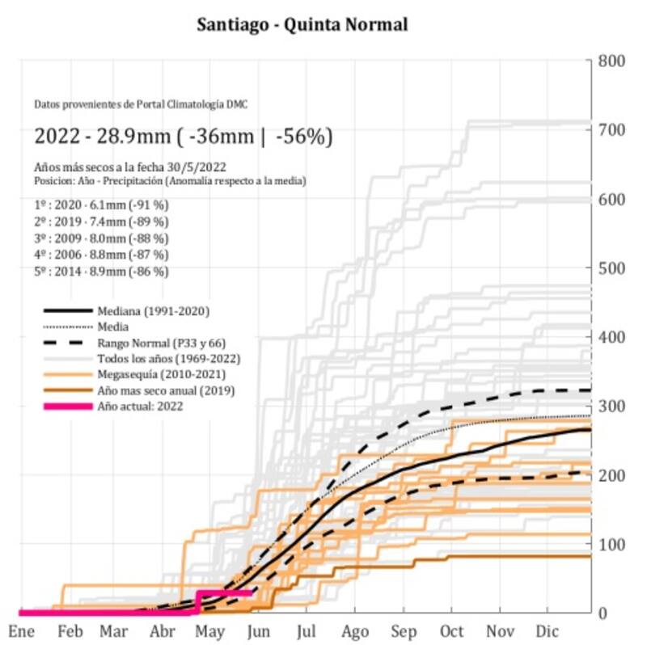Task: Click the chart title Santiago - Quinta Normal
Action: click(x=302, y=24)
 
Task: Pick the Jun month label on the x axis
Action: click(x=258, y=630)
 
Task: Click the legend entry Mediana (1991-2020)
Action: click(x=146, y=311)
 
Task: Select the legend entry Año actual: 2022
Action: click(x=140, y=407)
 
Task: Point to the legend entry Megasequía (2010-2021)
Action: click(x=151, y=375)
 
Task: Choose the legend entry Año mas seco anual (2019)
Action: click(x=160, y=391)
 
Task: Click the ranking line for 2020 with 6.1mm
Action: click(x=102, y=205)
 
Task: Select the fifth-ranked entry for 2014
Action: click(x=102, y=272)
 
